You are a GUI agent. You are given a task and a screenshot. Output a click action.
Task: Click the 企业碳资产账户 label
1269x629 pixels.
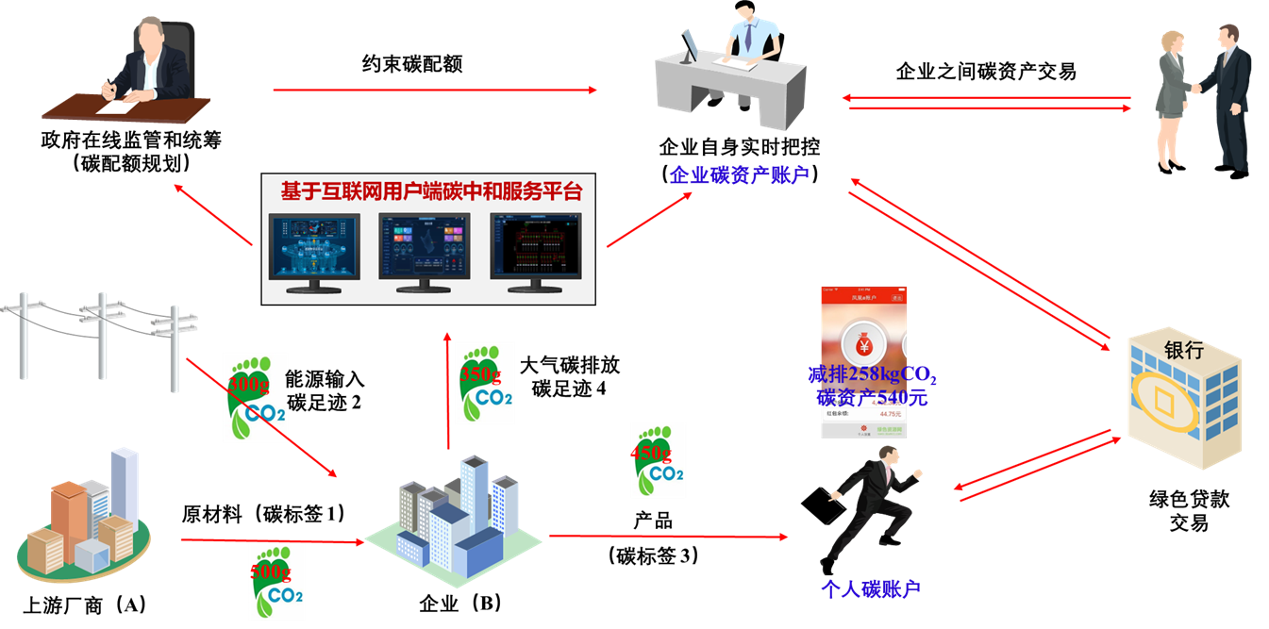(739, 174)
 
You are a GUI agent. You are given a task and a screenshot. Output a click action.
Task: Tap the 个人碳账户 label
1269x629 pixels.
(869, 590)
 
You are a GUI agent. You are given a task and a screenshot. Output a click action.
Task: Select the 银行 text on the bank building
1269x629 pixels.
(1183, 351)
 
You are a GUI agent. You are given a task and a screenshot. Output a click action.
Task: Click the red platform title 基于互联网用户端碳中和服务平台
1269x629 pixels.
(431, 191)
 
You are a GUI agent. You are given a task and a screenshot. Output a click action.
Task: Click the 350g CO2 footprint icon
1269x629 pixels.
(485, 383)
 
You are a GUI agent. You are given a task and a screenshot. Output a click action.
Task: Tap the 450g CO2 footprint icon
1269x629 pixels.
(658, 460)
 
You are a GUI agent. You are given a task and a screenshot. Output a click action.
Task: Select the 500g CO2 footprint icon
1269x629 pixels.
(277, 582)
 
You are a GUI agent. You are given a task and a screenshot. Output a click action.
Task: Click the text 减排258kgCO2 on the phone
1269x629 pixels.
(872, 376)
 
